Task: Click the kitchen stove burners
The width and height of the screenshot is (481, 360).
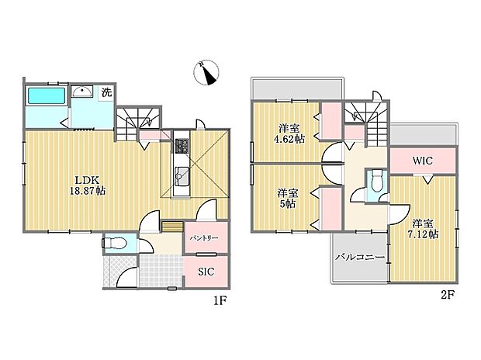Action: click(x=182, y=146)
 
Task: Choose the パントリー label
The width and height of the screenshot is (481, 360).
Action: click(x=205, y=238)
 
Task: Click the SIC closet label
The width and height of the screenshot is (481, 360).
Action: click(x=205, y=272)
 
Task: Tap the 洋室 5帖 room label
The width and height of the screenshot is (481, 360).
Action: click(x=288, y=199)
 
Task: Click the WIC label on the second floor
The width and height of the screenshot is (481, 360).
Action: click(x=422, y=161)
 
